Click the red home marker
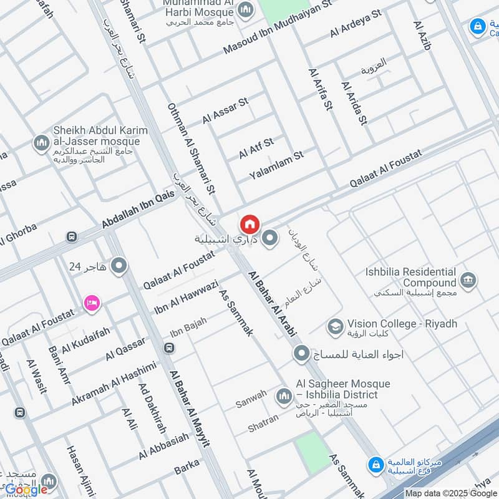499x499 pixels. coord(249,224)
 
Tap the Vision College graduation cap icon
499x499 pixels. coord(336,326)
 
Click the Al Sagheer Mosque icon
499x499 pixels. coord(284,395)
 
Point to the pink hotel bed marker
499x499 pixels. coord(92,303)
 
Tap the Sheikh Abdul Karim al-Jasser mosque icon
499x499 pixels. coord(42,143)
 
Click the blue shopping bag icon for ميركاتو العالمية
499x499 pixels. coord(375,465)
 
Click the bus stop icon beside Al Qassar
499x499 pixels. coord(168,347)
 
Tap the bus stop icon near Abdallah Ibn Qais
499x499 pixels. coord(72,237)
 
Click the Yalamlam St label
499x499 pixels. coord(275,163)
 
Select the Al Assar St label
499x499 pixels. coord(225,110)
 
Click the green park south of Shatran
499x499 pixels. coord(311,452)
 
